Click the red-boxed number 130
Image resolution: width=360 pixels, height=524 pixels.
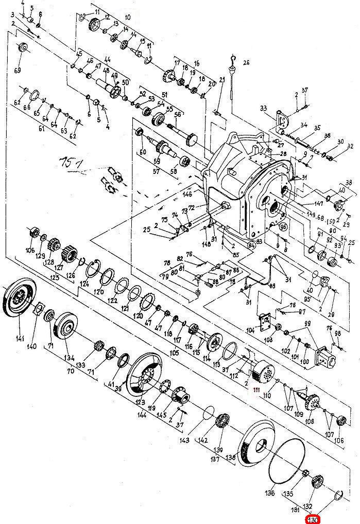(x=313, y=520)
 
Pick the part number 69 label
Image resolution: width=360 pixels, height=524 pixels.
(x=18, y=70)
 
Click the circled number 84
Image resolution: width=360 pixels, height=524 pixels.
(x=252, y=246)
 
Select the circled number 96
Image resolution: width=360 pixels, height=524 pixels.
(x=282, y=226)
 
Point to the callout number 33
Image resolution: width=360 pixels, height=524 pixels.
(x=263, y=108)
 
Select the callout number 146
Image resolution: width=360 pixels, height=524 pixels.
(x=188, y=195)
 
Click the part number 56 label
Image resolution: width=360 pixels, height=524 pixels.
(x=178, y=115)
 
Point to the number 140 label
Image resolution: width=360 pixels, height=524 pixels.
(x=32, y=346)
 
